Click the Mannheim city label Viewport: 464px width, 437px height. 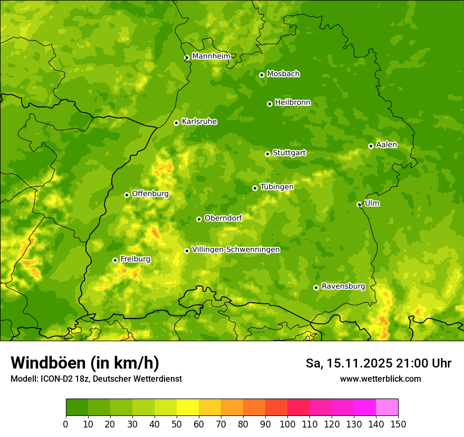pyautogui.click(x=211, y=56)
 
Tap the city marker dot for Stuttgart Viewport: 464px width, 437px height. pyautogui.click(x=267, y=154)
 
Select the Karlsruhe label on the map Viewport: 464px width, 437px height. pyautogui.click(x=199, y=122)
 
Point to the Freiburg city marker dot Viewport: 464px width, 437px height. pyautogui.click(x=115, y=260)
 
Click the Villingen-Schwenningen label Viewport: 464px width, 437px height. pyautogui.click(x=236, y=250)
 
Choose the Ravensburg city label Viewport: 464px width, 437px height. pyautogui.click(x=343, y=286)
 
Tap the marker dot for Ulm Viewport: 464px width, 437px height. pyautogui.click(x=359, y=204)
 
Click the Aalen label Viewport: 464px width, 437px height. pyautogui.click(x=386, y=145)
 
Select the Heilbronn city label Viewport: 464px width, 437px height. pyautogui.click(x=293, y=103)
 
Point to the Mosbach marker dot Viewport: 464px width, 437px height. pyautogui.click(x=262, y=75)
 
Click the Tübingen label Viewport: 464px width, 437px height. pyautogui.click(x=277, y=187)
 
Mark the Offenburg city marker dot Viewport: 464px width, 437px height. pyautogui.click(x=127, y=195)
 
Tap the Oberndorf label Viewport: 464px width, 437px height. pyautogui.click(x=223, y=218)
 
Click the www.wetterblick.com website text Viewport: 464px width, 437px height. pyautogui.click(x=380, y=379)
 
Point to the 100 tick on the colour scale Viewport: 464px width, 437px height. pyautogui.click(x=287, y=423)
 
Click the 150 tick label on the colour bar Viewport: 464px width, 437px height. pyautogui.click(x=398, y=423)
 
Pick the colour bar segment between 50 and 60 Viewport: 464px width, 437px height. pyautogui.click(x=188, y=407)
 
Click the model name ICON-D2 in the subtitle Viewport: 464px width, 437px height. pyautogui.click(x=59, y=379)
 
